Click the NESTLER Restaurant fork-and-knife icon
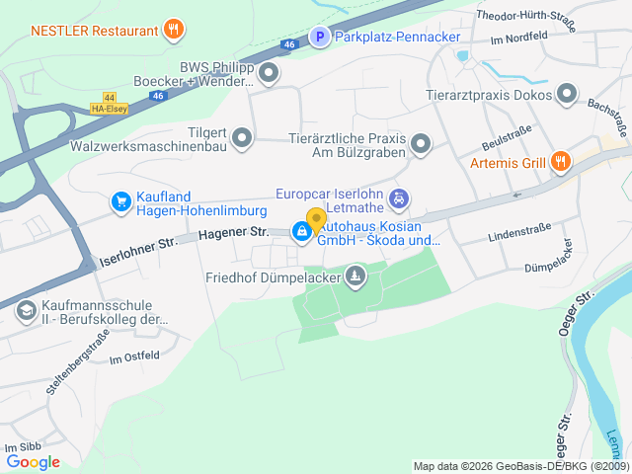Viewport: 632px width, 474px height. click(x=174, y=29)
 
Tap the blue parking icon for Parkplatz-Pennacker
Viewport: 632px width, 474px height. click(x=319, y=38)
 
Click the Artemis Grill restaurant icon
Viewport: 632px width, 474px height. click(x=559, y=161)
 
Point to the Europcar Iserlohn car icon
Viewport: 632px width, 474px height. click(x=398, y=199)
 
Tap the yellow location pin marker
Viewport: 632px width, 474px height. click(x=316, y=219)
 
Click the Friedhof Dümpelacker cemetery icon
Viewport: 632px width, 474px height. click(x=355, y=276)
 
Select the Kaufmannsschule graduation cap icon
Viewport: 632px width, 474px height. click(x=26, y=311)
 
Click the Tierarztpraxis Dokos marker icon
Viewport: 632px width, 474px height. click(x=567, y=94)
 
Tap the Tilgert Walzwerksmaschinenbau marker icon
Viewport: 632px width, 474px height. click(x=243, y=138)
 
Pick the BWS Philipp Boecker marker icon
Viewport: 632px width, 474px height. click(x=268, y=73)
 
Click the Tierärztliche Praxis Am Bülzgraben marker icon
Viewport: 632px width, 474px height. click(x=421, y=145)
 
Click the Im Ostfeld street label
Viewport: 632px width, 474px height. click(x=134, y=357)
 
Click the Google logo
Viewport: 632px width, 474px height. click(x=34, y=461)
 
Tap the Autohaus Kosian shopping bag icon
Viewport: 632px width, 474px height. click(x=300, y=231)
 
